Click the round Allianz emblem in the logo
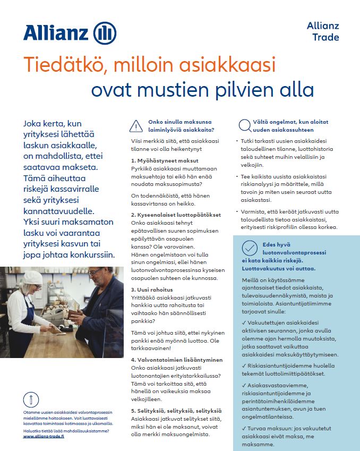[x=105, y=33]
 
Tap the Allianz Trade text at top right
[x=323, y=31]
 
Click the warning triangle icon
[x=136, y=126]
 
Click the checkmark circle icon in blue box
[x=249, y=248]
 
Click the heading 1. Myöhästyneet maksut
[x=165, y=160]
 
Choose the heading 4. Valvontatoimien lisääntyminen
[x=177, y=360]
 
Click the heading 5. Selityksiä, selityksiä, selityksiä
[x=176, y=411]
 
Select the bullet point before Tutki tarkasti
[x=236, y=142]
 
